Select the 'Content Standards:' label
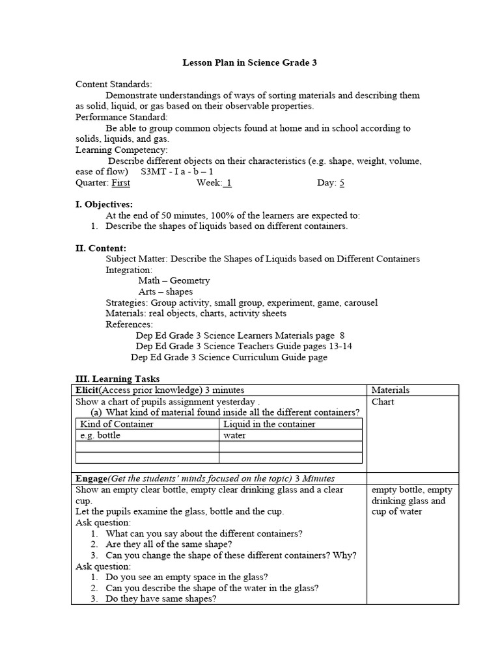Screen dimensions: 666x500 [114, 85]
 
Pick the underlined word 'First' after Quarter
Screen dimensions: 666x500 [121, 183]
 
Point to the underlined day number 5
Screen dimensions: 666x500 [342, 183]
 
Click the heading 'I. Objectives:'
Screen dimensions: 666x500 [104, 204]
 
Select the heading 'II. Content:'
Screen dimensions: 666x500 [101, 248]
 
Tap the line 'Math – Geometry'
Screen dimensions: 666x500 [174, 280]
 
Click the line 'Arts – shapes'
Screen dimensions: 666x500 [165, 291]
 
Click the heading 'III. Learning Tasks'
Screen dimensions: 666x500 [118, 379]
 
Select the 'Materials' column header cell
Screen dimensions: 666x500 [390, 390]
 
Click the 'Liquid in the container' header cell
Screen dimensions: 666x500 [269, 424]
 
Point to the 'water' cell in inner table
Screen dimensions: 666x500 [234, 435]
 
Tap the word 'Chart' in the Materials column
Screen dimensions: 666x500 [383, 401]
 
